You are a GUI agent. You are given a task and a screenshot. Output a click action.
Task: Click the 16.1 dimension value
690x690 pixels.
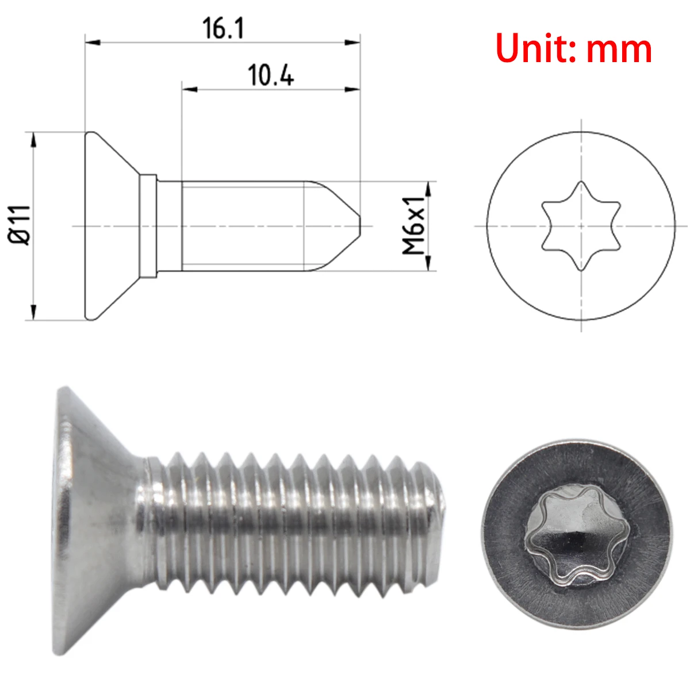pos(223,28)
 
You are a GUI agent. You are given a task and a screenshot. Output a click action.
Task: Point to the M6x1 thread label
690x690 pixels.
pos(413,225)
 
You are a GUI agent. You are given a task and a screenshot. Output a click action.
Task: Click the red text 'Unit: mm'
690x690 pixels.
pos(573,48)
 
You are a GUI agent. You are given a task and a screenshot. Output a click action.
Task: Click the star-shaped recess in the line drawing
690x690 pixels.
pos(581,226)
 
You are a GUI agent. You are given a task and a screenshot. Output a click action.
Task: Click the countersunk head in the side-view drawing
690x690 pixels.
pos(112,225)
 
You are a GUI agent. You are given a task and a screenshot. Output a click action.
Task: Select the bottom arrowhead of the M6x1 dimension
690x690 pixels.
pos(428,263)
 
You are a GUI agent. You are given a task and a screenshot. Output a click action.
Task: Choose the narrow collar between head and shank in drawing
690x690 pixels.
pos(148,225)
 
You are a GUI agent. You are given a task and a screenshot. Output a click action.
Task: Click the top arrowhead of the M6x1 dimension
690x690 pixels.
pos(428,189)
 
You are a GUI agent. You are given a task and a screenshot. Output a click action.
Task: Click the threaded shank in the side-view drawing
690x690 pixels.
pos(247,225)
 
